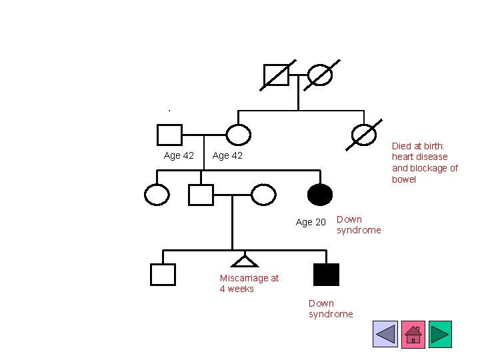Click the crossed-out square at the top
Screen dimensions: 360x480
(277, 75)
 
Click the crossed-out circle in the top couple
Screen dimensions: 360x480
(321, 75)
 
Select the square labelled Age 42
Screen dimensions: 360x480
(169, 135)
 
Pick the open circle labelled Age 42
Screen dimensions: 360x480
(238, 135)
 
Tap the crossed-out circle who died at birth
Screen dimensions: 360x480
(364, 135)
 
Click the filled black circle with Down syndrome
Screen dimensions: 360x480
(320, 195)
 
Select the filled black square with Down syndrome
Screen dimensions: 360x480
(326, 274)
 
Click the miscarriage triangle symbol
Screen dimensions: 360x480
(245, 261)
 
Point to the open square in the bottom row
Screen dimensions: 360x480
(163, 274)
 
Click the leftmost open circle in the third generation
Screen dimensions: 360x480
(157, 195)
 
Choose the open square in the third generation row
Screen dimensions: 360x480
(201, 195)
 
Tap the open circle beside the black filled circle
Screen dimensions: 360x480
(263, 195)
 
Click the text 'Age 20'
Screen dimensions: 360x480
(311, 222)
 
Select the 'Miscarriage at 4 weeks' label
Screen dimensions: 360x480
(249, 283)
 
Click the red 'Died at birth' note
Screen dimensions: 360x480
(425, 162)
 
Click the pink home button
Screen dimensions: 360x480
(413, 334)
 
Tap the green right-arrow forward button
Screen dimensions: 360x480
(440, 334)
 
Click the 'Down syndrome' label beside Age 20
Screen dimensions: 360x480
(359, 225)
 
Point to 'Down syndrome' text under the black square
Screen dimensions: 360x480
(331, 309)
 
